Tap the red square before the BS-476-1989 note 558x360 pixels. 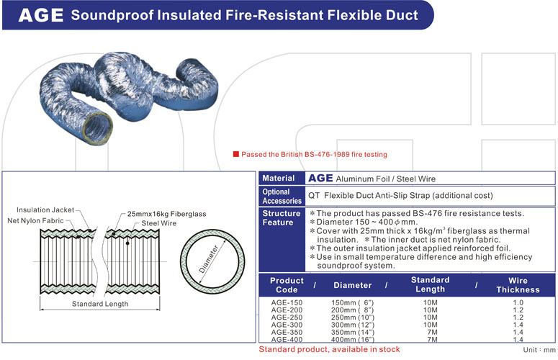pos(235,154)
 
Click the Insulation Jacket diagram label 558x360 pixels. pos(45,210)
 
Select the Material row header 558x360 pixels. pos(279,179)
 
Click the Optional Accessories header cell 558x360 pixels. pos(277,197)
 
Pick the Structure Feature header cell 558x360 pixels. pos(281,218)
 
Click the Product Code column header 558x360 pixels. pos(287,285)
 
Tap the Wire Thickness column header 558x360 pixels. pos(518,285)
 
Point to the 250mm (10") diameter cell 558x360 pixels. pos(353,317)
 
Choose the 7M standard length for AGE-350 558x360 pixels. pos(430,332)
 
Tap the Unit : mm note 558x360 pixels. pos(538,349)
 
